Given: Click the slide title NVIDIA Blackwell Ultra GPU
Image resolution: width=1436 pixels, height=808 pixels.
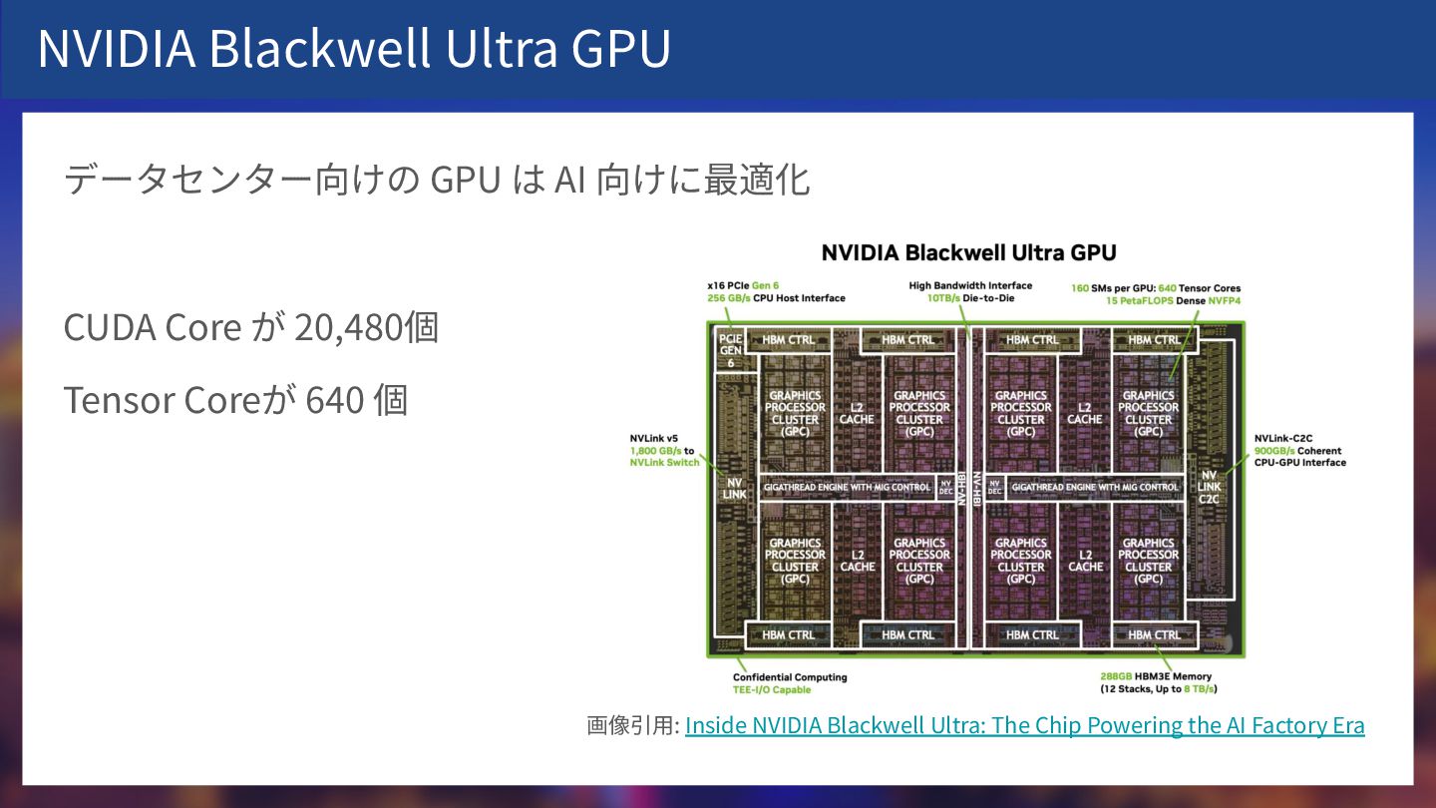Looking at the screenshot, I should [x=354, y=49].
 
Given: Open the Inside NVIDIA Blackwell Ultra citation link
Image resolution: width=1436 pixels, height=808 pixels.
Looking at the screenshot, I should [x=1024, y=725].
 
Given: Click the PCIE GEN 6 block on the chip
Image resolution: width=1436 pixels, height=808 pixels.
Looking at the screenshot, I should [x=731, y=350].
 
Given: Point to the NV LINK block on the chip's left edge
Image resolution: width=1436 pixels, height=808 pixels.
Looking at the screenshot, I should [x=734, y=488].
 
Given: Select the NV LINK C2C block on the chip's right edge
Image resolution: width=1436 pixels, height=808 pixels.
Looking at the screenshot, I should [x=1210, y=487].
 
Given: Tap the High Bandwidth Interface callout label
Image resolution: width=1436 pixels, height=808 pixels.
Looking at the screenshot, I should [x=970, y=285].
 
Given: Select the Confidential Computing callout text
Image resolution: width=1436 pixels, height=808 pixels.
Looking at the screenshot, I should [x=790, y=677].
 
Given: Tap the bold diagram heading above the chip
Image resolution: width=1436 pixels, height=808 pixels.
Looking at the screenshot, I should [x=968, y=252].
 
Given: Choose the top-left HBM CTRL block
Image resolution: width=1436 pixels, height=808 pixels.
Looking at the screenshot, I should [x=788, y=340].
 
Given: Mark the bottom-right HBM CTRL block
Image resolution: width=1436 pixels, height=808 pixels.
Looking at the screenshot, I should [x=1154, y=634].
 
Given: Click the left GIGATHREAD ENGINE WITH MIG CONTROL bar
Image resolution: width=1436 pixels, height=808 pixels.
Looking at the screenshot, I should [x=847, y=487].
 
